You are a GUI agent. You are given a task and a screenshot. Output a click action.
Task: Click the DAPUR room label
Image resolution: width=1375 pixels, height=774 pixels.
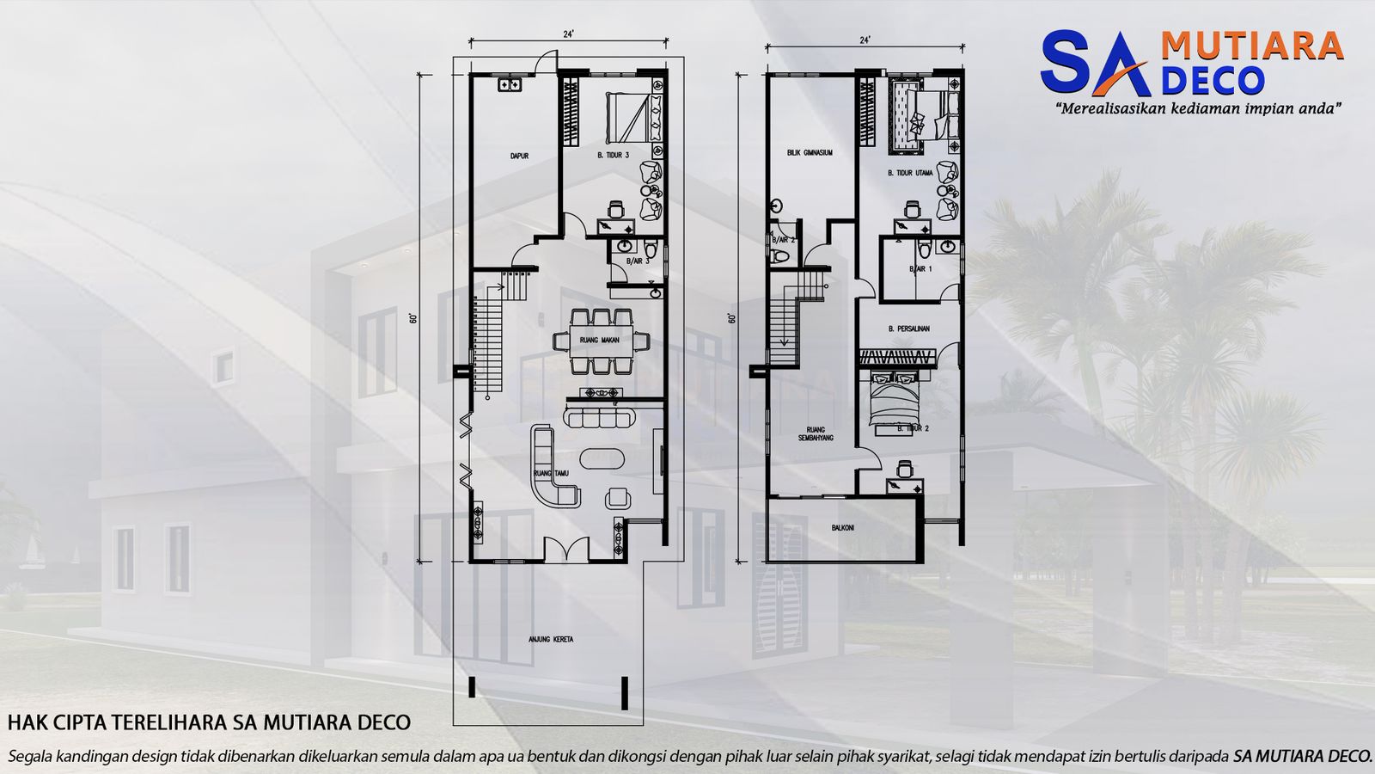[x=519, y=156]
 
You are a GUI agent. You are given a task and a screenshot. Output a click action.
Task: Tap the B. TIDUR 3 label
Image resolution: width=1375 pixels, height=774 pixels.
[x=613, y=156]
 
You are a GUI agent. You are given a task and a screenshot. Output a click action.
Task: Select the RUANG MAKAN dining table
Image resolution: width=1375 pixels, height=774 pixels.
[x=601, y=341]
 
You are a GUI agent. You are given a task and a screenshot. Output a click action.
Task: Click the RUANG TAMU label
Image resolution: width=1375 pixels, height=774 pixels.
[x=549, y=473]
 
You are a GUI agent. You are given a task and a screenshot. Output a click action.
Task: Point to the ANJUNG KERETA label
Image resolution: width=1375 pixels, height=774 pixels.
[x=551, y=640]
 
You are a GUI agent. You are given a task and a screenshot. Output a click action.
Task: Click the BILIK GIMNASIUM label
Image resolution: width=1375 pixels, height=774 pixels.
[x=810, y=153]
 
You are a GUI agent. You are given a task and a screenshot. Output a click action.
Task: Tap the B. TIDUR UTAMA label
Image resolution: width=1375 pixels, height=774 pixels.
[x=910, y=173]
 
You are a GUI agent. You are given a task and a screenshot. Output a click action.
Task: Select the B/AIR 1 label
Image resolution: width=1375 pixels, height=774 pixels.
[x=920, y=269]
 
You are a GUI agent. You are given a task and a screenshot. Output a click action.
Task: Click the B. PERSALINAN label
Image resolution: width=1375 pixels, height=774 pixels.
[x=909, y=329]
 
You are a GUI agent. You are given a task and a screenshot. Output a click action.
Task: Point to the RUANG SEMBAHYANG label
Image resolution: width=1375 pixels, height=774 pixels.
[x=816, y=433]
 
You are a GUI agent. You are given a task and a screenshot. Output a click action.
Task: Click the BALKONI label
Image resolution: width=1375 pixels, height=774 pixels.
[x=843, y=528]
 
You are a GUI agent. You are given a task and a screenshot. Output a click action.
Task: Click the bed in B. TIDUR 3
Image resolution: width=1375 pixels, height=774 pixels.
[x=634, y=117]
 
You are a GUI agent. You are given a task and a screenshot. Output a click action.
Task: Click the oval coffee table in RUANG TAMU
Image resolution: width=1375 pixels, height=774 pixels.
[x=601, y=458]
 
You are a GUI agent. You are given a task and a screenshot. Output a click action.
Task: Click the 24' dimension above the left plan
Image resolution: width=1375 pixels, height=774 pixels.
[x=568, y=34]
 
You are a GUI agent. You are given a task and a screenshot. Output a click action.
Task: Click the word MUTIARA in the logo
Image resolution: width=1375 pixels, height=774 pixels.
[x=1251, y=46]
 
